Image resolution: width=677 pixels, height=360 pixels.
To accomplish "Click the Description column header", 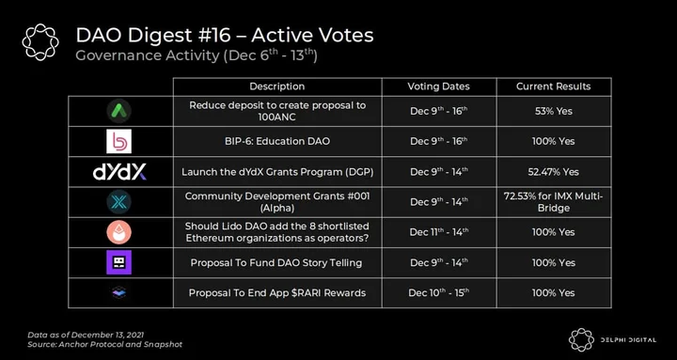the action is click(276, 86).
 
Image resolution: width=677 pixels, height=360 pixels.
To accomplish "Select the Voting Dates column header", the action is click(438, 86).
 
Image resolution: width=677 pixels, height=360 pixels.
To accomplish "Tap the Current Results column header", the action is click(553, 86).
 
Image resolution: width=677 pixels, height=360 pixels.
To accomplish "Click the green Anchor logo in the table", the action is click(118, 111).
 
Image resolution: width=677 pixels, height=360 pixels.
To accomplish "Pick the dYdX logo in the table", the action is click(119, 172).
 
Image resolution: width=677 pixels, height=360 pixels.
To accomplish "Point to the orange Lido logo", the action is click(118, 232).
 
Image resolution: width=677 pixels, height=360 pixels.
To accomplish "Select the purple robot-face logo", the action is click(118, 262).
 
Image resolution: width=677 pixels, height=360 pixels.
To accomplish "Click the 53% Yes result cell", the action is click(554, 111).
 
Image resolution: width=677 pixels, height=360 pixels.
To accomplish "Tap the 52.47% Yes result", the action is click(553, 172).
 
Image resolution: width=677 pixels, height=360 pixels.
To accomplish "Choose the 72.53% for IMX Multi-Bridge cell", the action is click(553, 202).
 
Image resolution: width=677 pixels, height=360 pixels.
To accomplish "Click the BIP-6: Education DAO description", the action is click(277, 141).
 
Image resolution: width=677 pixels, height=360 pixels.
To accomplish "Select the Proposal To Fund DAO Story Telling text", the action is click(276, 262).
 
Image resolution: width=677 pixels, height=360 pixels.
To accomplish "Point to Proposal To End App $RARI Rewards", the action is click(277, 293).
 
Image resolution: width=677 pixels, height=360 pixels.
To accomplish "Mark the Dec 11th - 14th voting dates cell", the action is click(439, 232).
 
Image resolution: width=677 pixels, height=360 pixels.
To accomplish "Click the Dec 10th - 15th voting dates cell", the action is click(439, 292).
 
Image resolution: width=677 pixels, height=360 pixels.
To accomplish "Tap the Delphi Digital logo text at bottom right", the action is click(628, 340).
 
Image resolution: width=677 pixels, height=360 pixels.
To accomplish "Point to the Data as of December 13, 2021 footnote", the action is click(86, 335).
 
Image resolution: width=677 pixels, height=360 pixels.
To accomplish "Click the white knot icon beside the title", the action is click(40, 42).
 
